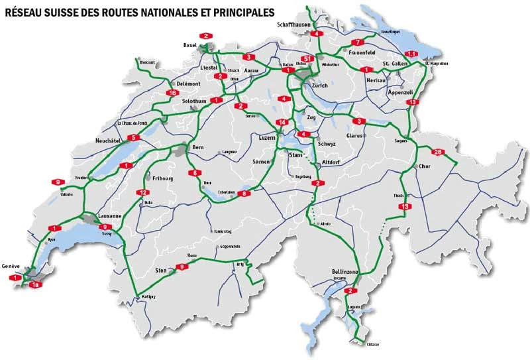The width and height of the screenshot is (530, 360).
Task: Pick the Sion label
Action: tap(161, 270)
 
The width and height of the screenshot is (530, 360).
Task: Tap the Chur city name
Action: tap(425, 166)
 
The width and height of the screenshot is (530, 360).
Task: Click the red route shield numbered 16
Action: tap(172, 93)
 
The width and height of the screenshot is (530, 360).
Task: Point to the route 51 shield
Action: tap(306, 60)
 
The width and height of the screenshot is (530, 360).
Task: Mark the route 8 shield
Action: tap(245, 194)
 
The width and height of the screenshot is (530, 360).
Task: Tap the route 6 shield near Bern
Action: tap(195, 173)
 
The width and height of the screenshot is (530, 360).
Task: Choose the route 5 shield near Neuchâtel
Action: tap(133, 138)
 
